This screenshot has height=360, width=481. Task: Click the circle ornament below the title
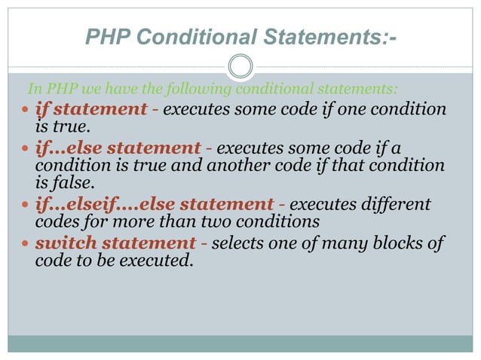point(240,66)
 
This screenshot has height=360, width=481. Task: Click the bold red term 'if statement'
point(91,109)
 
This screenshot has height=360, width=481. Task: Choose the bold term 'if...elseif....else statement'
point(154,205)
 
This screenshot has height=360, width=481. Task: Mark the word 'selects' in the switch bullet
point(240,243)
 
